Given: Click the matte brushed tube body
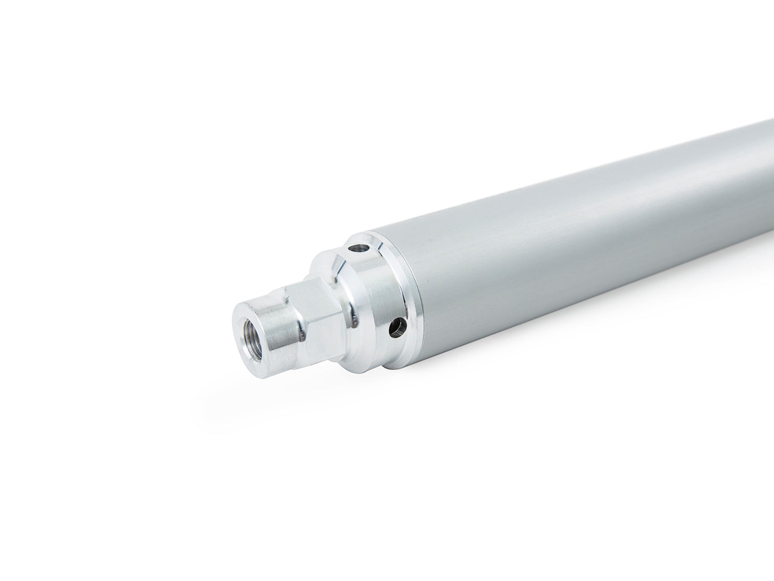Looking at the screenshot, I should pos(544,242).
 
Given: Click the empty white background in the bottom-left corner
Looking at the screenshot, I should pos(48,533).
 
